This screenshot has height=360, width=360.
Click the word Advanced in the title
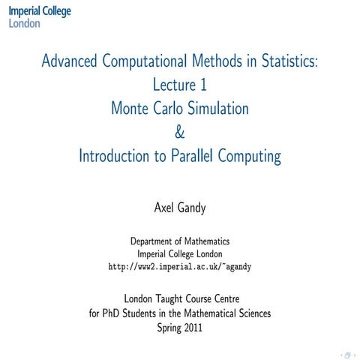[70, 61]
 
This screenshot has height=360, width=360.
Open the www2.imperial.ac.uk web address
[179, 265]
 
